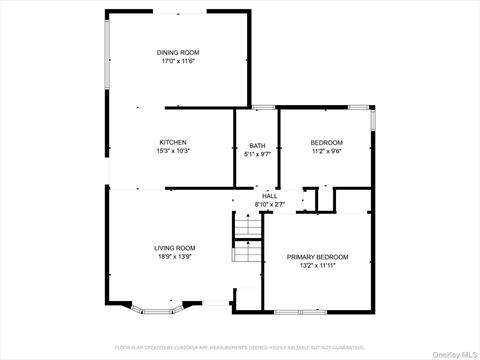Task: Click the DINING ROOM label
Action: tap(178, 52)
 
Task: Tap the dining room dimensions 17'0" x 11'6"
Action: tap(178, 61)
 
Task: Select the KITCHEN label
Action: tap(173, 142)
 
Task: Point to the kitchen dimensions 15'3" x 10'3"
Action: tap(173, 151)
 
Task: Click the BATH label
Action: tap(257, 145)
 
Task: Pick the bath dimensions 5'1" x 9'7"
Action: tap(257, 154)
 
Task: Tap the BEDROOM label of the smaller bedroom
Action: tap(326, 142)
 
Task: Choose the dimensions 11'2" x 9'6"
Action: tap(326, 151)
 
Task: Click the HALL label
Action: tap(269, 196)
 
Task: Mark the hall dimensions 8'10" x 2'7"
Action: tap(269, 205)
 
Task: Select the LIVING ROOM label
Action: tap(174, 248)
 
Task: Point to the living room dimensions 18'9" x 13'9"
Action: tap(174, 257)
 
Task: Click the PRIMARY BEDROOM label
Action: tap(318, 257)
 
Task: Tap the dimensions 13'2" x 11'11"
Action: tap(318, 266)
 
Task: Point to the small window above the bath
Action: tap(263, 107)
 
